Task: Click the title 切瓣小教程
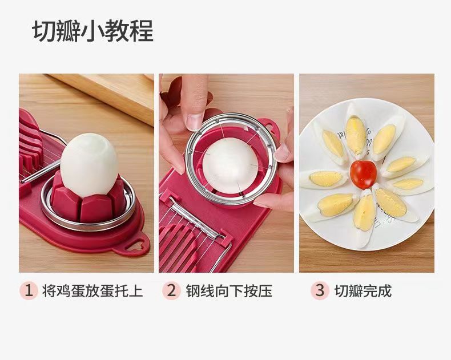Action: click(92, 32)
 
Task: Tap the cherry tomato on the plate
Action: click(363, 174)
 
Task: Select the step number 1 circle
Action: click(28, 290)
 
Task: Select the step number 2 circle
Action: click(171, 290)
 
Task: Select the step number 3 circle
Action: click(320, 290)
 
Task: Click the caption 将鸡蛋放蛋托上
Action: click(92, 291)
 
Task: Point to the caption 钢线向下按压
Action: click(228, 291)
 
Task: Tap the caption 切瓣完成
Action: click(363, 291)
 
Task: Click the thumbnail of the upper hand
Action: click(195, 121)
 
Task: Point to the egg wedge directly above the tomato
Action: click(355, 136)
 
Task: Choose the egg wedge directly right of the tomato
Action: click(406, 184)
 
